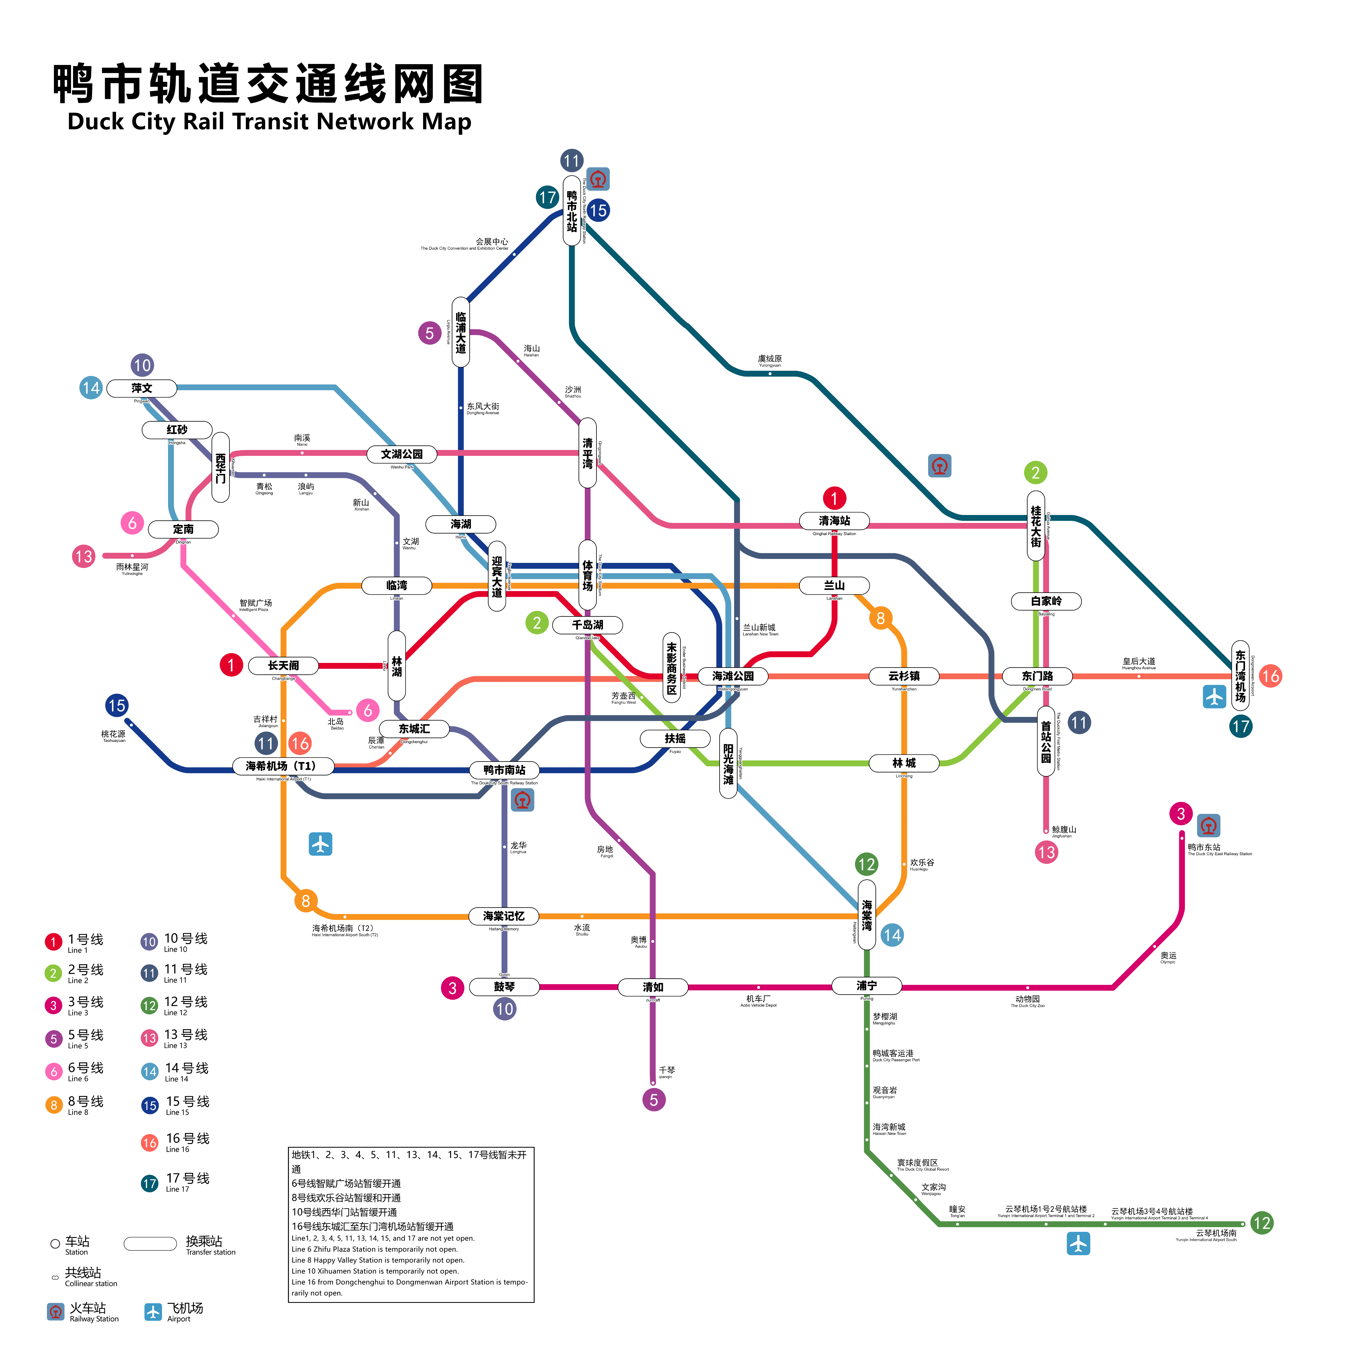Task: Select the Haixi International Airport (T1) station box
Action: coord(283,766)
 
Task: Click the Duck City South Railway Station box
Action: coord(504,770)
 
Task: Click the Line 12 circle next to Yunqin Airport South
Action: coord(1261,1223)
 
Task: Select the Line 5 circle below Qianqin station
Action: coord(654,1100)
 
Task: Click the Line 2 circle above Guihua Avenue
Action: coord(1036,473)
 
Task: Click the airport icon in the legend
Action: coord(153,1312)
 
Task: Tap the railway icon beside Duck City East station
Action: coord(1209,825)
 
